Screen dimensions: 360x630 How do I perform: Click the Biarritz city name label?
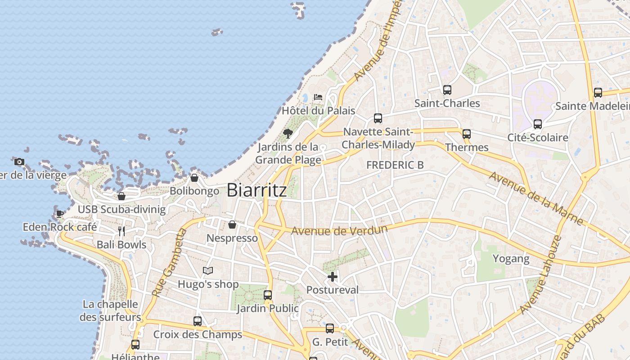pos(256,190)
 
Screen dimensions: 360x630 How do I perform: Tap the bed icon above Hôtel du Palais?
pos(318,97)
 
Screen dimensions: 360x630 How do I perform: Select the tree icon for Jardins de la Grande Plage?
pos(288,133)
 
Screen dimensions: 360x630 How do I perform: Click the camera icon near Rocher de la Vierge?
pos(19,162)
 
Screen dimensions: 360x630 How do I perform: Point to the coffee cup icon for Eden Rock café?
pos(59,213)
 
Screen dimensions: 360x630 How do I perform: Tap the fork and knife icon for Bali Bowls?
pos(121,231)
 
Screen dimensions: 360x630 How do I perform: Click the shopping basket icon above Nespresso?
pos(232,225)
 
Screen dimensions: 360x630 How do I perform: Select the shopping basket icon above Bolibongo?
pos(194,178)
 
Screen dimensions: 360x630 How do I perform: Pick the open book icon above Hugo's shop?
pos(207,270)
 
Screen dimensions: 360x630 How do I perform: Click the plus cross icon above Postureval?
pos(333,276)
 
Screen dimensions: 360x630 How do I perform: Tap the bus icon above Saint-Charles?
pos(447,90)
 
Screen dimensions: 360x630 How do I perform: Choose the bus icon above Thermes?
pos(467,134)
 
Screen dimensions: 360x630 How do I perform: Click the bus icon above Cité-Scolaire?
pos(537,124)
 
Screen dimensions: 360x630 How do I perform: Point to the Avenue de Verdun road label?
pos(339,231)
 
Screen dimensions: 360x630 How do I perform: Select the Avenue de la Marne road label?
pos(536,198)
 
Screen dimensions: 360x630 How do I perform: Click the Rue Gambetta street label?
pos(169,263)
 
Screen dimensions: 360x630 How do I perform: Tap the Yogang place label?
pos(511,259)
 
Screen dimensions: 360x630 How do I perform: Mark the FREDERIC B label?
pos(395,165)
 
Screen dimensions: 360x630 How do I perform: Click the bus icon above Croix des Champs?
pos(198,321)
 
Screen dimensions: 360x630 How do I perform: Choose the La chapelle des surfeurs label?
pos(111,310)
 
